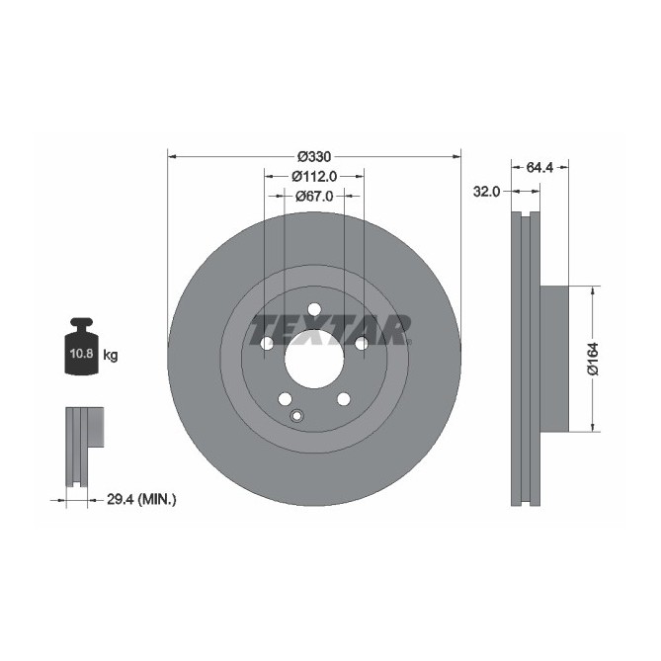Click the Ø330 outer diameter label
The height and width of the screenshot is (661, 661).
tap(314, 156)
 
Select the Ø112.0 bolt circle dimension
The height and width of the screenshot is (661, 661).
tap(314, 176)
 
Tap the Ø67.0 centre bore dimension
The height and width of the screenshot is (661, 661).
tap(314, 196)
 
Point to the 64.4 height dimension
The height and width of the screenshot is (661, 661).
tap(538, 168)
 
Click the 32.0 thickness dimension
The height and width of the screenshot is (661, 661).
tap(486, 192)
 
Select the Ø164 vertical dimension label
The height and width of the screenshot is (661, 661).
tap(593, 358)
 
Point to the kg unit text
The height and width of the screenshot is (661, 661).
tap(111, 355)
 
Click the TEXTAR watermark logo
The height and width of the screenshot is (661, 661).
tap(330, 329)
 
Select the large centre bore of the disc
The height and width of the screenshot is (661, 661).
tap(314, 358)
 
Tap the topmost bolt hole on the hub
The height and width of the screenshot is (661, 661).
tap(314, 308)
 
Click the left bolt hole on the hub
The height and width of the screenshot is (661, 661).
tap(267, 343)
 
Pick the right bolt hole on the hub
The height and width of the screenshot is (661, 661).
tap(362, 343)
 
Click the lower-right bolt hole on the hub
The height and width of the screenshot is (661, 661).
tap(344, 399)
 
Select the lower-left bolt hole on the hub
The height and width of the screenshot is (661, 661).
tap(285, 399)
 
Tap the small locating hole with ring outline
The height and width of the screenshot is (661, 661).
tap(296, 416)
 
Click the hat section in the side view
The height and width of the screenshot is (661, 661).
tap(556, 358)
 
